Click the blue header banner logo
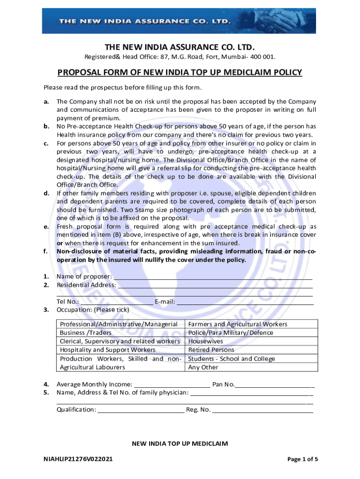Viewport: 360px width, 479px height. pyautogui.click(x=180, y=21)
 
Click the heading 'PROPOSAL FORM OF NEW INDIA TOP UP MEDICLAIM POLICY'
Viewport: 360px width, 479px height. pyautogui.click(x=180, y=73)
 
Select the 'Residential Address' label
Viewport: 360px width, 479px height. pyautogui.click(x=86, y=285)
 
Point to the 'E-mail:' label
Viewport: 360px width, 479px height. pyautogui.click(x=165, y=302)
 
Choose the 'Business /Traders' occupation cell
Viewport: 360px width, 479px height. pyautogui.click(x=86, y=333)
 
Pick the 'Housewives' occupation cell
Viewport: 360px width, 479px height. pyautogui.click(x=206, y=341)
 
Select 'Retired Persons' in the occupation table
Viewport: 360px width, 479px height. pyautogui.click(x=211, y=350)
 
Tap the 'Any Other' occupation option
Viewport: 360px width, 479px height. pyautogui.click(x=203, y=367)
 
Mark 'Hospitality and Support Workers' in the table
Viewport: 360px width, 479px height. pyautogui.click(x=108, y=350)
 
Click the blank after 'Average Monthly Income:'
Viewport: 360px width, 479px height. pyautogui.click(x=172, y=385)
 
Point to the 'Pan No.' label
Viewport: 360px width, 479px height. pyautogui.click(x=223, y=385)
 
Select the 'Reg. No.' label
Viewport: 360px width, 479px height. pyautogui.click(x=198, y=410)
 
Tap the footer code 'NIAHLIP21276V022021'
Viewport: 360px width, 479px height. pyautogui.click(x=78, y=459)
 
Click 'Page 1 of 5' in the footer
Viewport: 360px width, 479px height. pyautogui.click(x=303, y=459)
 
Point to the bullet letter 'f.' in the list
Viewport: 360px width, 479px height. pyautogui.click(x=46, y=252)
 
